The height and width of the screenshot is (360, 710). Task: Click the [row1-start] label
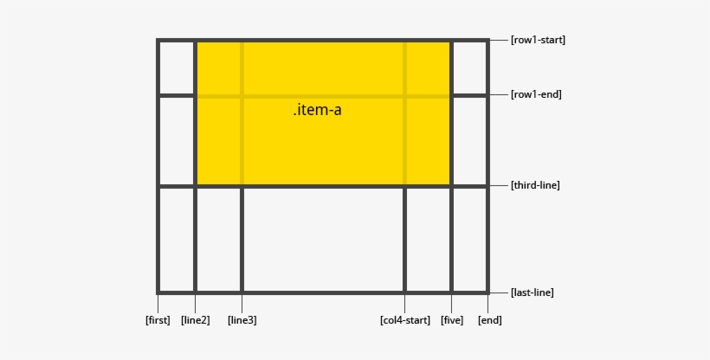click(538, 40)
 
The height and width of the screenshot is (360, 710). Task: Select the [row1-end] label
click(536, 94)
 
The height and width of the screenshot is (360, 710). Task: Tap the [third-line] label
click(535, 185)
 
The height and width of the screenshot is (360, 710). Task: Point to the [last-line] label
click(532, 292)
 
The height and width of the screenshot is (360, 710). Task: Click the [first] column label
click(158, 320)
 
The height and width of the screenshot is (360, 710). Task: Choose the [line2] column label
click(195, 320)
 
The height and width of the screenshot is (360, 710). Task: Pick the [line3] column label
click(242, 320)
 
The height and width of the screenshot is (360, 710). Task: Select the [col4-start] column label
click(404, 320)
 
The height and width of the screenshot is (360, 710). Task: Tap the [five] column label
click(451, 320)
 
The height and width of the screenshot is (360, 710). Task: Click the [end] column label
click(489, 320)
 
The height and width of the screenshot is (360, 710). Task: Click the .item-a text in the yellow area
click(323, 111)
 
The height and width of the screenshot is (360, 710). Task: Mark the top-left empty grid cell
click(177, 67)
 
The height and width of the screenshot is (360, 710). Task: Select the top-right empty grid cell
click(469, 67)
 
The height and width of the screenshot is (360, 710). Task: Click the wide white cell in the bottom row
click(323, 239)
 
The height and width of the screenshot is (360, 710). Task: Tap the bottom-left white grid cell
click(177, 239)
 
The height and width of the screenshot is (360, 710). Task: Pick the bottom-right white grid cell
click(469, 239)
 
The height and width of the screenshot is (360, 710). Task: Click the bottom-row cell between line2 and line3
click(218, 239)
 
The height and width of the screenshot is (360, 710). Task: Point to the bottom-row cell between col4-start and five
click(428, 239)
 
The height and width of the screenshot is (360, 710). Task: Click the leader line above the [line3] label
click(242, 303)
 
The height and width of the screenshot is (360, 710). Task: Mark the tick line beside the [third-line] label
click(499, 185)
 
